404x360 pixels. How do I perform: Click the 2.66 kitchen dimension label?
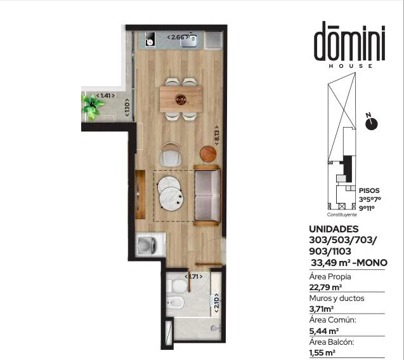[x=178, y=37]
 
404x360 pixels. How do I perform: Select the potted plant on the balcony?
[x=92, y=107]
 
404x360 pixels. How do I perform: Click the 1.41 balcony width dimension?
[x=105, y=96]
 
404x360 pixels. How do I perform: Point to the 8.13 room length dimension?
[x=217, y=135]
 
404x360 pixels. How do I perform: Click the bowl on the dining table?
[x=181, y=100]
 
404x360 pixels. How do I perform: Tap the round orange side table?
[x=208, y=154]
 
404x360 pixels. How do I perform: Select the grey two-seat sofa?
[x=207, y=195]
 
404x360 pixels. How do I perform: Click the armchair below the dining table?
[x=171, y=155]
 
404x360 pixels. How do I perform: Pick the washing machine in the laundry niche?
[x=147, y=245]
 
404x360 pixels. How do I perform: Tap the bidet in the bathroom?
[x=175, y=302]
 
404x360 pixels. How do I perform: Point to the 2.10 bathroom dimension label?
[x=216, y=303]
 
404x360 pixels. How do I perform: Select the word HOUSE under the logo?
[x=350, y=66]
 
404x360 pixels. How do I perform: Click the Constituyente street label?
[x=342, y=215]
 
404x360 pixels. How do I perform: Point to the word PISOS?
[x=369, y=190]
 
